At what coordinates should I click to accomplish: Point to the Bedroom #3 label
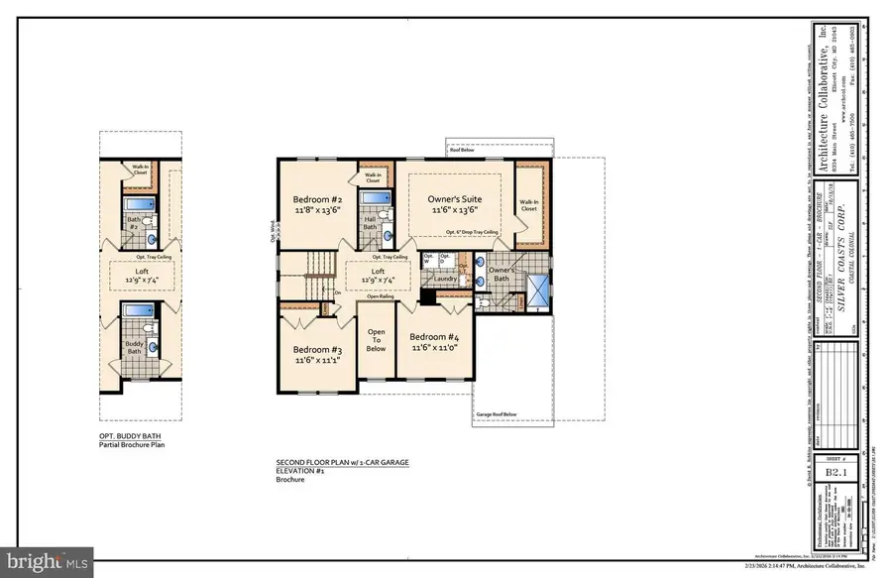[x=317, y=350]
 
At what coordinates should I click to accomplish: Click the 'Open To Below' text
[x=377, y=340]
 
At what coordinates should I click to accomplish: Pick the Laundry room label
[x=445, y=280]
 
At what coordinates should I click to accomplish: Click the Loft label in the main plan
[x=378, y=271]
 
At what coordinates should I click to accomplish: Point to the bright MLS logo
[x=48, y=561]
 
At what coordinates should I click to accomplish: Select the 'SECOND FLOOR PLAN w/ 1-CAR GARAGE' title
[x=342, y=463]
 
